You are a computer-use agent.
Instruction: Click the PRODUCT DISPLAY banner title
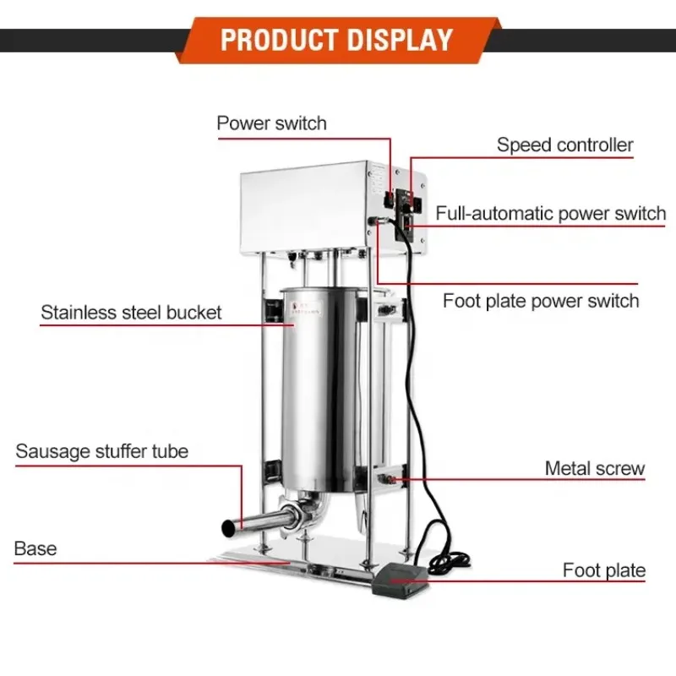[336, 40]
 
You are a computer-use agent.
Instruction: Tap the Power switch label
[271, 123]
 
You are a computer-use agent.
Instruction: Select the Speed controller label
[564, 145]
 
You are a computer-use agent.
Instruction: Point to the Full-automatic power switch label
[551, 213]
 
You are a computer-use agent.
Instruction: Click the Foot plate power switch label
[541, 300]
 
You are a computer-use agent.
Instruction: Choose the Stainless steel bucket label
[131, 312]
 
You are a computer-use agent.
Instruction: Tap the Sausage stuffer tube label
[101, 450]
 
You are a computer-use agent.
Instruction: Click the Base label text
[35, 548]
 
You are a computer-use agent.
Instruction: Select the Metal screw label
[594, 468]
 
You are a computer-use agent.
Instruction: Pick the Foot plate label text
[603, 570]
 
